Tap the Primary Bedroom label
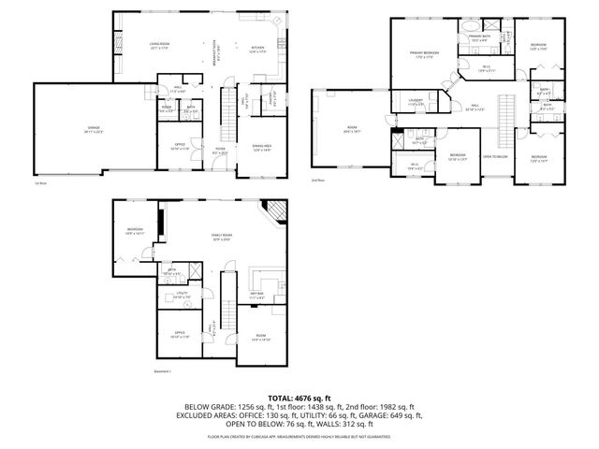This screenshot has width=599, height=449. (x=424, y=53)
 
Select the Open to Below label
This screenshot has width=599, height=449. (x=494, y=156)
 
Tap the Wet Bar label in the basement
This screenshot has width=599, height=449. (x=256, y=295)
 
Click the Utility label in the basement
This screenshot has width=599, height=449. (x=181, y=295)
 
